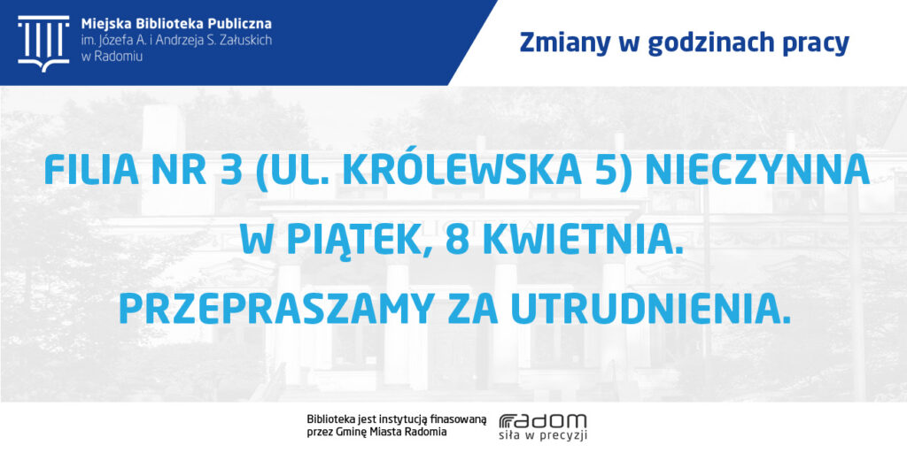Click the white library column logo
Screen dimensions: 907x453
point(43,43)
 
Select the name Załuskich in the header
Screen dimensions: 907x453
point(247,41)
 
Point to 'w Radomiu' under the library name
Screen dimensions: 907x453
point(105,56)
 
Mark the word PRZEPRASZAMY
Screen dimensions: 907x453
point(275,309)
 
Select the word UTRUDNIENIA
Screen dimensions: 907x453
point(651,309)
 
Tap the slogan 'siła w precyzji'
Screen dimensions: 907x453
point(543,436)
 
